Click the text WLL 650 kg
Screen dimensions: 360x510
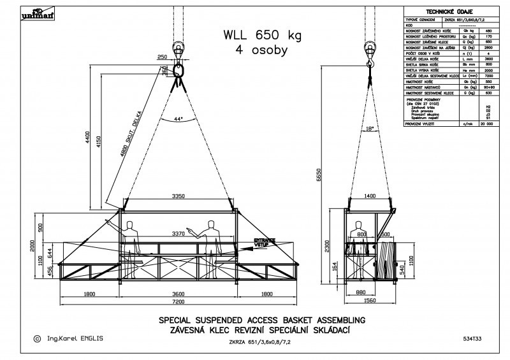pos(254,35)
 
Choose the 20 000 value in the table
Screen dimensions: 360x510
pos(488,125)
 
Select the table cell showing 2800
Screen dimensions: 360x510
pos(488,47)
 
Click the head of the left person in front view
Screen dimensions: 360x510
pos(132,224)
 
